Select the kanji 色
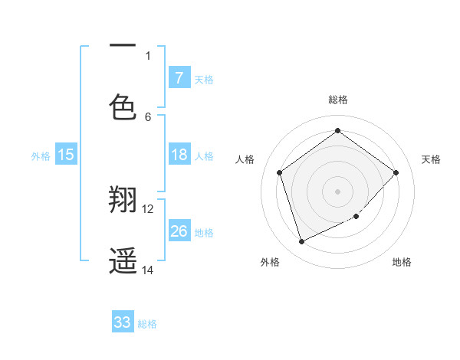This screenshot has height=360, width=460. pyautogui.click(x=123, y=106)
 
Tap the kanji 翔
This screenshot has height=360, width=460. pyautogui.click(x=123, y=201)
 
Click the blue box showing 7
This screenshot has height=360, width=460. pyautogui.click(x=179, y=77)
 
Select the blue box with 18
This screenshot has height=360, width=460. pyautogui.click(x=179, y=155)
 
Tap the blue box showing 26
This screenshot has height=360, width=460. pyautogui.click(x=179, y=231)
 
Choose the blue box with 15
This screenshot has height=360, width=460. pyautogui.click(x=66, y=155)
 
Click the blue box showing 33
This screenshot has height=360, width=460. pyautogui.click(x=123, y=322)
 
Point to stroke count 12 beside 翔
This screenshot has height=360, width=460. pyautogui.click(x=148, y=208)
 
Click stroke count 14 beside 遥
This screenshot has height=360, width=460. pyautogui.click(x=148, y=270)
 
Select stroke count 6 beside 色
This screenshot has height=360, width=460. pyautogui.click(x=148, y=116)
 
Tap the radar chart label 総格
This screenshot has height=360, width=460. pyautogui.click(x=338, y=100)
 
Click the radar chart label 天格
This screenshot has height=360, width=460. pyautogui.click(x=431, y=159)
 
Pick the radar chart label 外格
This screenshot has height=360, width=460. pyautogui.click(x=270, y=262)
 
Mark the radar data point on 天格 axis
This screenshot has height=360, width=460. pyautogui.click(x=396, y=172)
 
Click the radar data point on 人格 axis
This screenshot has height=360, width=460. pyautogui.click(x=280, y=172)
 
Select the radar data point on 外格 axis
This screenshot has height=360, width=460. pyautogui.click(x=301, y=242)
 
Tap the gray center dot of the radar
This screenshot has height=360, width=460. pyautogui.click(x=338, y=191)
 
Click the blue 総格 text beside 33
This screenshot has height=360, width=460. pyautogui.click(x=147, y=324)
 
